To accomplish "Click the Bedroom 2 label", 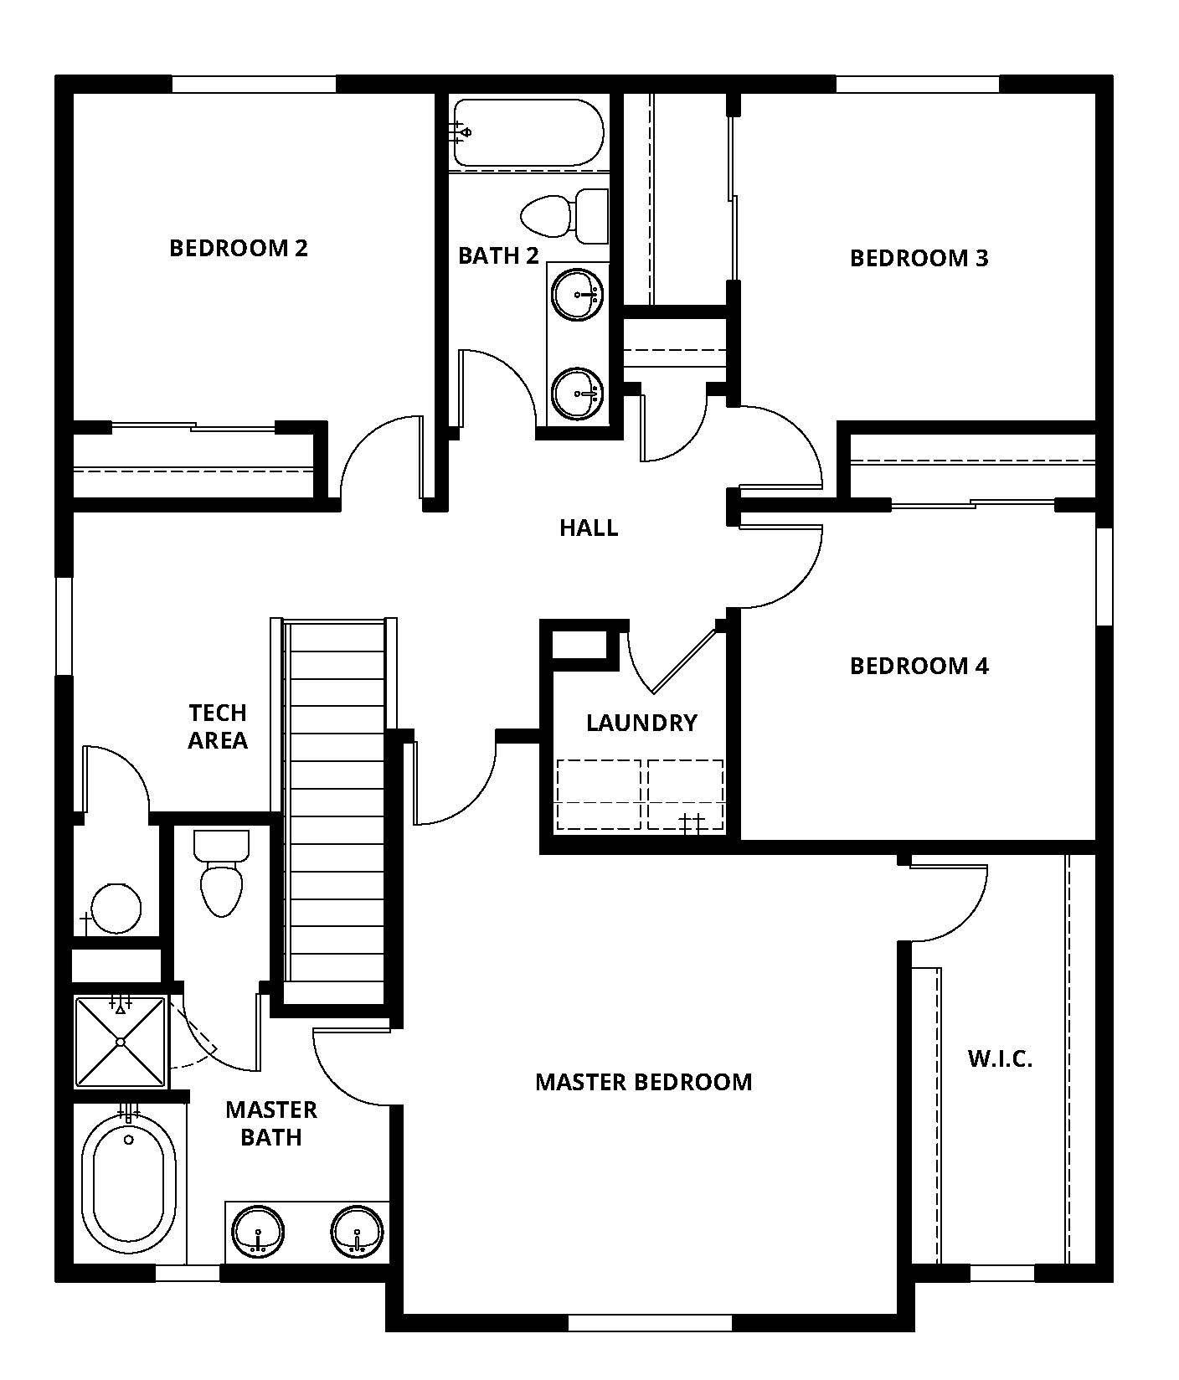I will point(239,248).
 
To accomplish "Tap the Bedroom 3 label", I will point(919,258).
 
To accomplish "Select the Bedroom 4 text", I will point(919,666).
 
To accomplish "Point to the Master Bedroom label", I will point(643,1082).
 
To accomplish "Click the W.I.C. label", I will point(1000,1058).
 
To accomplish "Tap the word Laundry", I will point(641,723).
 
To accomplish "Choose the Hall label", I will point(589,528).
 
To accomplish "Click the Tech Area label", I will point(218,726).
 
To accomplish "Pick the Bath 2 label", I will point(498,255).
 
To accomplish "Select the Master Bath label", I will point(271,1123).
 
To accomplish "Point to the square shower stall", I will point(121,1042).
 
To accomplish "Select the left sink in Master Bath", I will point(258,1233).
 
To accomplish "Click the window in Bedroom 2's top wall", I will point(253,84).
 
